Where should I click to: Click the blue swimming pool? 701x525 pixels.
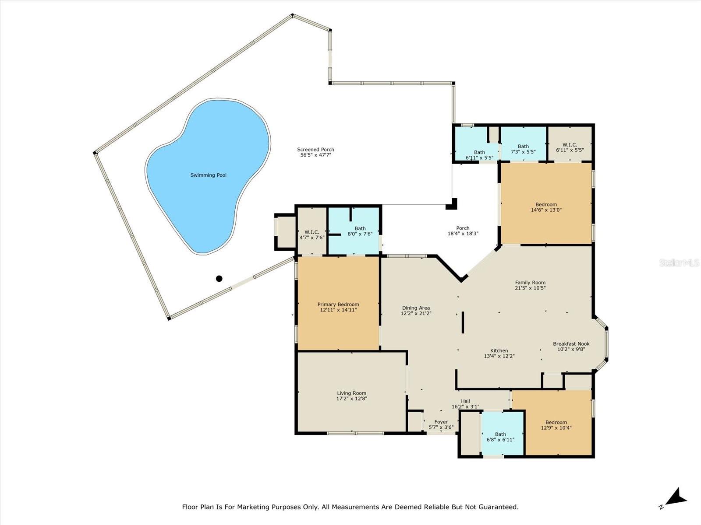[x=208, y=176]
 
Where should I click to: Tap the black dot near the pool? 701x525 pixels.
[x=219, y=279]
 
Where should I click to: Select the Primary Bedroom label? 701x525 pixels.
[x=338, y=304]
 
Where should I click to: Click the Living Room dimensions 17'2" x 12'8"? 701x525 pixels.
[x=352, y=399]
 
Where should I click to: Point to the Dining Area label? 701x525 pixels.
[x=416, y=308]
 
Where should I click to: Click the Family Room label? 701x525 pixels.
[x=530, y=283]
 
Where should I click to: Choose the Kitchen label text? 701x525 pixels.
[x=499, y=350]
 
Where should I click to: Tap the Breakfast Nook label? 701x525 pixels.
[x=571, y=343]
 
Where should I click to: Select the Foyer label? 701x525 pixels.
[x=441, y=422]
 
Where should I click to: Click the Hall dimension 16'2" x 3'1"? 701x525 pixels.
[x=465, y=407]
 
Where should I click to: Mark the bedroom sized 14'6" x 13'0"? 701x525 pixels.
[x=546, y=203]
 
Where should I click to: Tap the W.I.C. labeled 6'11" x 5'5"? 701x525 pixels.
[x=570, y=144]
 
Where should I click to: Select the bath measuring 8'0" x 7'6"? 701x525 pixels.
[x=354, y=231]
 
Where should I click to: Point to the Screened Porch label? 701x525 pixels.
[x=315, y=150]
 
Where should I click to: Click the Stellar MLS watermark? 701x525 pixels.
[x=679, y=262]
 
